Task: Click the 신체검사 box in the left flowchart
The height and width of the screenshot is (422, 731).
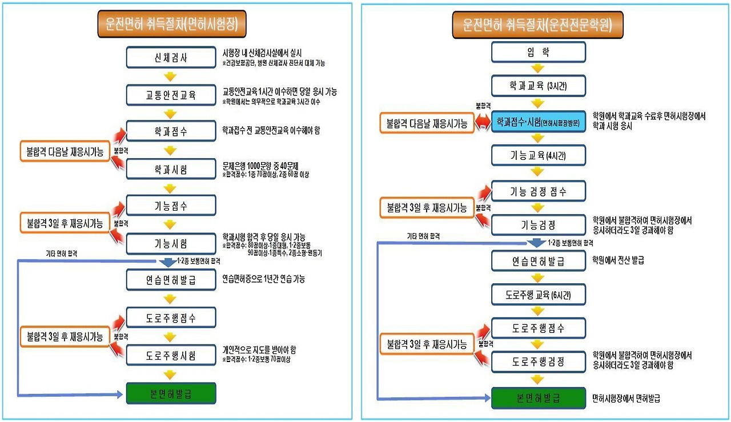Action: coord(171,58)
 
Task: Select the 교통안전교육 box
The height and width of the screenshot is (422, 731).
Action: coord(171,94)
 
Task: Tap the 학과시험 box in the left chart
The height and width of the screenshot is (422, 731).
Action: coord(171,169)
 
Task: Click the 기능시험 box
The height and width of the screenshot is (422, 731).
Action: coord(171,243)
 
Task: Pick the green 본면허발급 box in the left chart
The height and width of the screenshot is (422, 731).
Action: coord(171,393)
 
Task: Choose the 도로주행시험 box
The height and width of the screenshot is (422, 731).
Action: coord(171,355)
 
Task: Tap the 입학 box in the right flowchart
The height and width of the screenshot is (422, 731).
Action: coord(538,53)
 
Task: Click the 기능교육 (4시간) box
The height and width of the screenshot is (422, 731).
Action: coord(538,155)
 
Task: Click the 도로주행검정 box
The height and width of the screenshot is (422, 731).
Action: coord(538,361)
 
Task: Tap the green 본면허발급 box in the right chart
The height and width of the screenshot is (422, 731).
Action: coord(538,397)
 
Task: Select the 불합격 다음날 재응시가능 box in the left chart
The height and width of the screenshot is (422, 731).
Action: coord(65,151)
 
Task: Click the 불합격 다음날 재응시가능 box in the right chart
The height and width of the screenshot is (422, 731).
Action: coord(427,123)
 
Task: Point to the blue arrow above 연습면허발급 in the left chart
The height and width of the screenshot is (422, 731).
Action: coord(169,263)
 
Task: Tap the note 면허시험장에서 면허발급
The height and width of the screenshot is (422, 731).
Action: coord(626,398)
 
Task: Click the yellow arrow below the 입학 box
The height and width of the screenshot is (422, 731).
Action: coord(538,69)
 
